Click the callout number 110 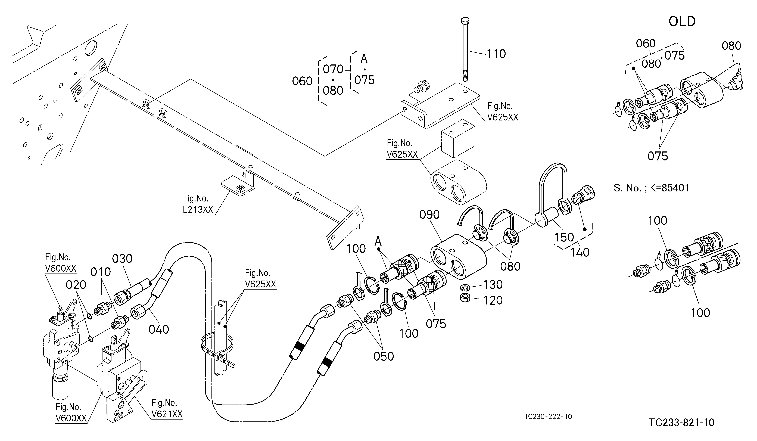496,54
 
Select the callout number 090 430,215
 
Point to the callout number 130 493,284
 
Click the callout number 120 493,300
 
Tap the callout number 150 564,237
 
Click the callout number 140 580,252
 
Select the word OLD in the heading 682,22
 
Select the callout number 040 159,329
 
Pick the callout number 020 76,285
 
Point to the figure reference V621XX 167,414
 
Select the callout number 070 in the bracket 333,69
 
